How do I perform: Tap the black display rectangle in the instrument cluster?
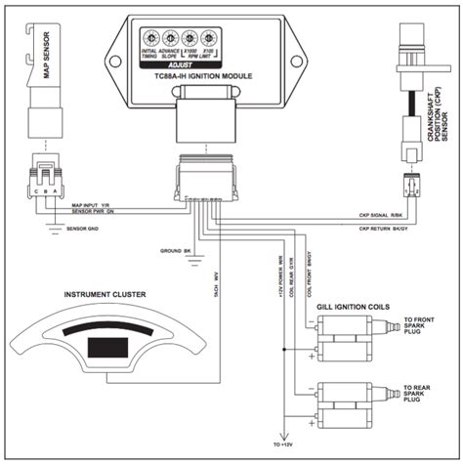(105, 347)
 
